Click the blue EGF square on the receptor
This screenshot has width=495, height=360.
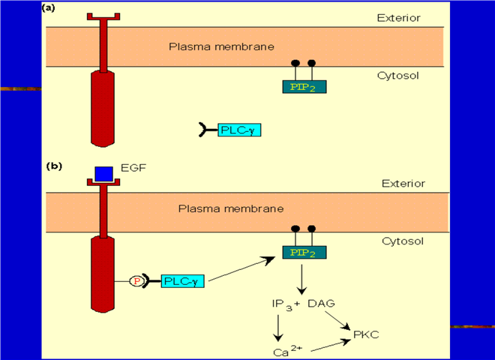[103, 173]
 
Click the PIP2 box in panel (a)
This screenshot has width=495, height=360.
[303, 87]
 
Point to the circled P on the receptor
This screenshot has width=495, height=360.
[137, 281]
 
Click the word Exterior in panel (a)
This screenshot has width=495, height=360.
[400, 19]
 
